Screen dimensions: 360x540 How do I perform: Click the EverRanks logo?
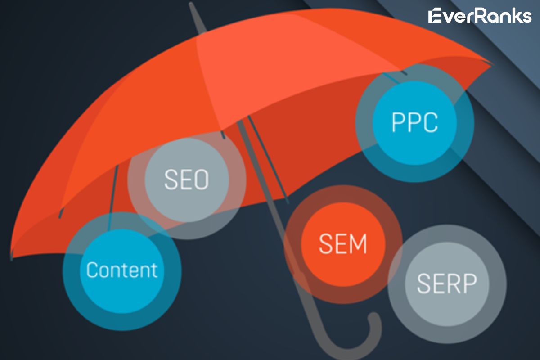click(x=480, y=16)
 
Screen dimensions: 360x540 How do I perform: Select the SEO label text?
click(x=186, y=179)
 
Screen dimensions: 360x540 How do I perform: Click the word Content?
click(x=122, y=270)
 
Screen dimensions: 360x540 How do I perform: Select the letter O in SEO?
click(x=201, y=179)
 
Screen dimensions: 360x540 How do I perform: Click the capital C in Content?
click(x=92, y=270)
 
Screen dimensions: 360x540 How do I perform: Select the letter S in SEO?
click(x=171, y=179)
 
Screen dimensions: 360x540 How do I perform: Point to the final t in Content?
click(x=154, y=270)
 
